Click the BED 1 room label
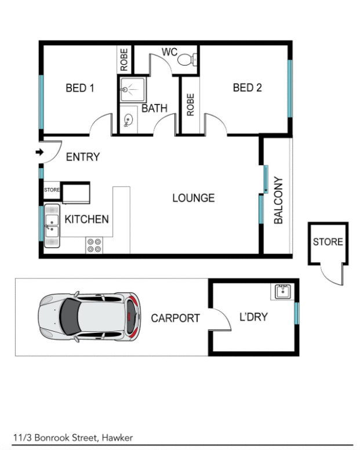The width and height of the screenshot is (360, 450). point(80,88)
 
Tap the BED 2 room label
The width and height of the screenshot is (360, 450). point(247,88)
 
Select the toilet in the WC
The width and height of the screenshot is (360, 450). point(187,59)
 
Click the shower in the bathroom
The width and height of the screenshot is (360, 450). point(132,90)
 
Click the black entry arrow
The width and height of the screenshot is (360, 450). point(39,153)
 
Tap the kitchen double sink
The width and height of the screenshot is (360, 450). point(52,226)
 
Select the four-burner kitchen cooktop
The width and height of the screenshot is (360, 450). point(94,245)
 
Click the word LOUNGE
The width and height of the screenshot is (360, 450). point(194,198)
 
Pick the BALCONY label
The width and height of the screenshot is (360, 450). point(278,201)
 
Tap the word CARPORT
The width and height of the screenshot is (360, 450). point(175,318)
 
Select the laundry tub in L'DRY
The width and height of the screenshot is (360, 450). point(282,291)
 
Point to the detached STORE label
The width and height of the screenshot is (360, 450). point(328,242)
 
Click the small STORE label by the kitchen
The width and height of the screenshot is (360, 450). point(52,190)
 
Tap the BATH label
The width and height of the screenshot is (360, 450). point(154,108)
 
